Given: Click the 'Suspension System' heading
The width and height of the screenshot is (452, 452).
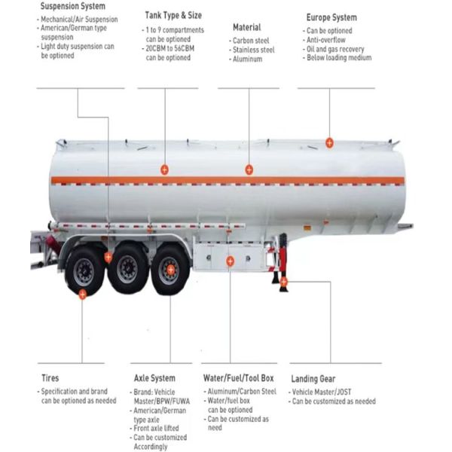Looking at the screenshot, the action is click(x=72, y=6).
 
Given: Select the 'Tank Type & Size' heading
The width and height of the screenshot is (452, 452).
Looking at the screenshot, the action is click(x=173, y=15).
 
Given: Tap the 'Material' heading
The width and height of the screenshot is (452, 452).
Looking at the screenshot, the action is click(x=247, y=27).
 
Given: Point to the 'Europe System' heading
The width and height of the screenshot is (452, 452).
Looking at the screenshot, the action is click(x=331, y=17).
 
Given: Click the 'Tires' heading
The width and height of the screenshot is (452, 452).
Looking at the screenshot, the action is click(x=50, y=378).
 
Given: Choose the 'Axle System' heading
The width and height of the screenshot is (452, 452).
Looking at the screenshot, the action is click(x=154, y=378).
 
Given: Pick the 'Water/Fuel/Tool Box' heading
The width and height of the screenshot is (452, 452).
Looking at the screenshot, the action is click(x=238, y=378).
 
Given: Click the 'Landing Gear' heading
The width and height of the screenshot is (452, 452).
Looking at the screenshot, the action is click(x=313, y=379).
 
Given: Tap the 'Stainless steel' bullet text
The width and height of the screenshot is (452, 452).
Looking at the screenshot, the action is click(x=253, y=50).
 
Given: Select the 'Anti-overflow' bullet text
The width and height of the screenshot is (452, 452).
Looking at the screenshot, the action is click(x=325, y=40).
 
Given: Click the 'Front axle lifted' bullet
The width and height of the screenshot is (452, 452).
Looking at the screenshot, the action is click(x=156, y=428).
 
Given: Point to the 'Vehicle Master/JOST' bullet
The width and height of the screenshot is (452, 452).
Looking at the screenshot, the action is click(x=322, y=392).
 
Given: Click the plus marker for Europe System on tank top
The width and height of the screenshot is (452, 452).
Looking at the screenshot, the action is click(x=329, y=142).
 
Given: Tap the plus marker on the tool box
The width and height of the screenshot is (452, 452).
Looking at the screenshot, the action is click(x=230, y=261).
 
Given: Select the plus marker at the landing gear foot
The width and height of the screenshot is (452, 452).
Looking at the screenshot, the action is click(x=284, y=282).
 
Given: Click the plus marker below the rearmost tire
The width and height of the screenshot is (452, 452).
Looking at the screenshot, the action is click(x=82, y=295).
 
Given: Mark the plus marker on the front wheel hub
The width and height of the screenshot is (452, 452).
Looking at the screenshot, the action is click(x=171, y=270).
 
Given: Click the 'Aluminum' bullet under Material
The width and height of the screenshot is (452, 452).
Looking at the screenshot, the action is click(x=247, y=59).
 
